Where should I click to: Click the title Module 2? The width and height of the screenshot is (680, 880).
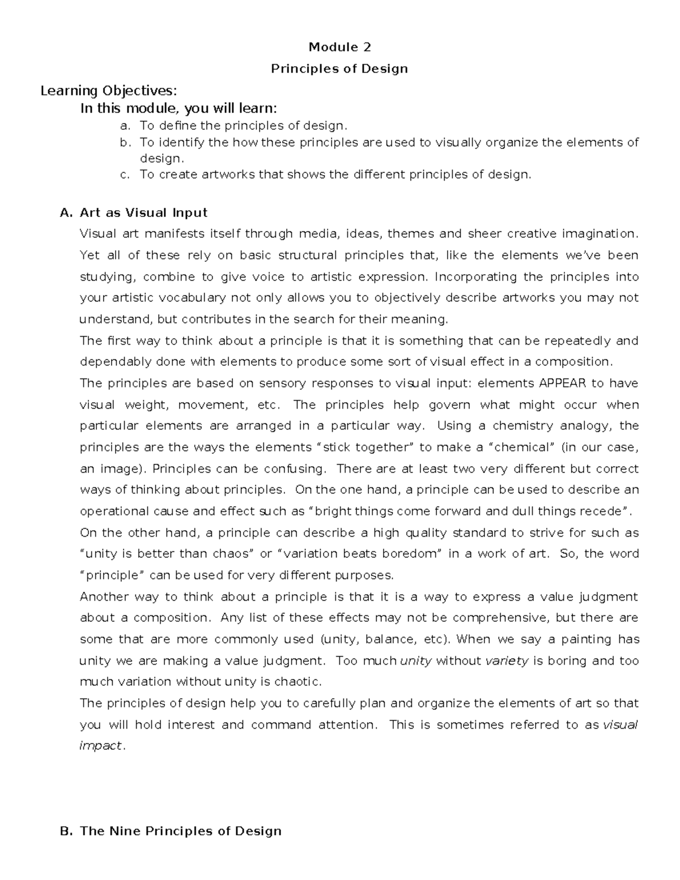(x=339, y=47)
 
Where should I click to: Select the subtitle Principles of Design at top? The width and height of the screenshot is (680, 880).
(x=339, y=69)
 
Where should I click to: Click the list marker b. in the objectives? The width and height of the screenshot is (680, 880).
(x=125, y=142)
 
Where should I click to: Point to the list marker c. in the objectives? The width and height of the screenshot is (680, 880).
(x=125, y=175)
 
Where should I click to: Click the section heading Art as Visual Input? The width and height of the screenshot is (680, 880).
(x=143, y=213)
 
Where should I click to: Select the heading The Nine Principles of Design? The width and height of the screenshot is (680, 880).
(x=181, y=831)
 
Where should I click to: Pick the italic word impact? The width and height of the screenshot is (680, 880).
(x=100, y=746)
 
